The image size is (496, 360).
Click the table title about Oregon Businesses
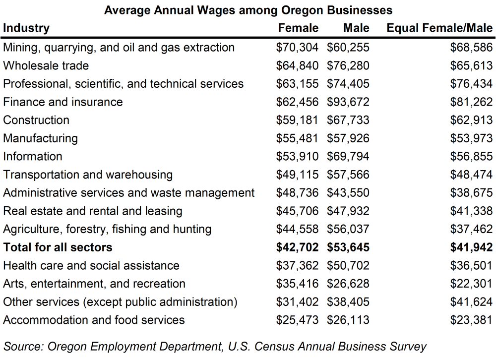pos(248,10)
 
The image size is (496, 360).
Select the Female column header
pos(298,28)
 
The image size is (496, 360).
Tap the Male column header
pos(356,28)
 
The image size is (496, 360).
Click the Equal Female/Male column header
pos(439,28)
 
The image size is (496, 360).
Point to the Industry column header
pos(26,28)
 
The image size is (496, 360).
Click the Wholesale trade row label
pos(46,65)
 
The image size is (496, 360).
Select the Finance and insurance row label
pos(63,102)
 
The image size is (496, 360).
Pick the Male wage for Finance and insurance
pos(348,102)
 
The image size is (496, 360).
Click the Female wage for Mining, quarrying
pos(298,48)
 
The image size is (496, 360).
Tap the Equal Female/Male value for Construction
pos(471,120)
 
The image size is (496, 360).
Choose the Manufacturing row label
pos(41,138)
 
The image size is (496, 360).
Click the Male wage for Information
pos(348,157)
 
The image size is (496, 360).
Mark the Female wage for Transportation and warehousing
pos(298,175)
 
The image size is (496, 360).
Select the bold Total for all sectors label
pos(58,247)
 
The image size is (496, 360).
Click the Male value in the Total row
pos(348,247)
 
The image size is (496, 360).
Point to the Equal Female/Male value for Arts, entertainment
pos(471,284)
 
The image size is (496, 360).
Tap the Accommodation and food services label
pos(94,320)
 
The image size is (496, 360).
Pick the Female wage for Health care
pos(298,266)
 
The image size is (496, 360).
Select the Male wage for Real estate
pos(348,211)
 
